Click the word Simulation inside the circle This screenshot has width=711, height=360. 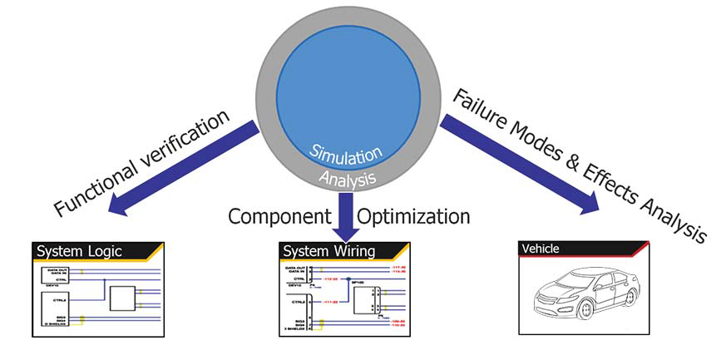coord(348,153)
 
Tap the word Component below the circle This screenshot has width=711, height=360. coord(279,218)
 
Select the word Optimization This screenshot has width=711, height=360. coord(413,218)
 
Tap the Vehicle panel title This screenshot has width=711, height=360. coord(540,249)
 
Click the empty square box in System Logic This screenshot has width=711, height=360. coord(123,298)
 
